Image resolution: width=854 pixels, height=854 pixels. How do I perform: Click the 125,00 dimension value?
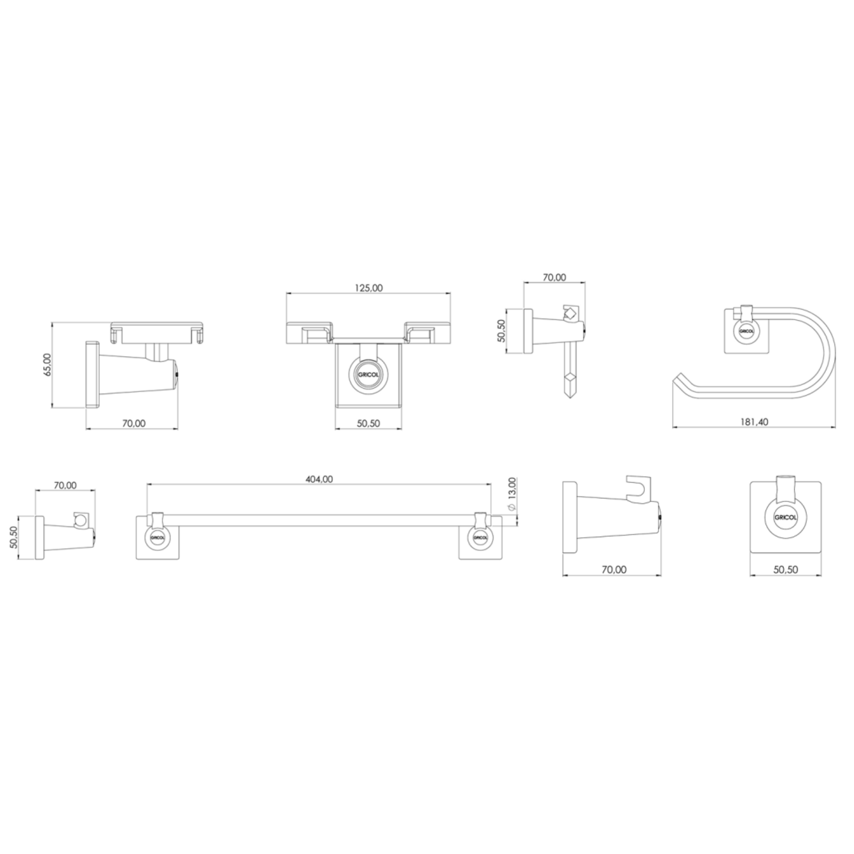(x=369, y=288)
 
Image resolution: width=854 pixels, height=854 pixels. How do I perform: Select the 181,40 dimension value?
(x=754, y=422)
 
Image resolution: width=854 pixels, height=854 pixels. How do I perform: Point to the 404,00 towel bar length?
(x=319, y=479)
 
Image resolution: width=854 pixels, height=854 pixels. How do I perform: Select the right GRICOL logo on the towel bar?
(x=480, y=538)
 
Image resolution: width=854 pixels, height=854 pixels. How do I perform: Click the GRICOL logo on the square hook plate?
(x=785, y=518)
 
